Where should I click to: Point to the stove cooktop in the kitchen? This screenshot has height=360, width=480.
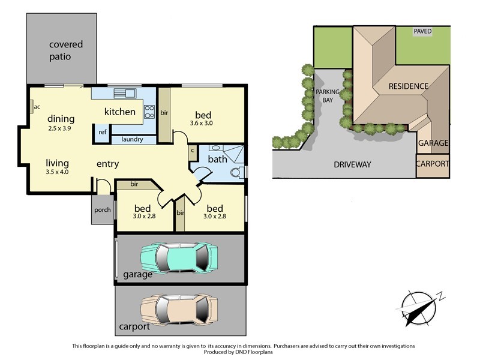pos(149,112)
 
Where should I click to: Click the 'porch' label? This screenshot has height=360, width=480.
pos(102,210)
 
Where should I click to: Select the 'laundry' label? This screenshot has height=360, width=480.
pos(131,140)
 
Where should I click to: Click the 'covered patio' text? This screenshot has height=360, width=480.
pos(66,50)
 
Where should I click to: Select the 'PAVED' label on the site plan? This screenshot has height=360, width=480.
pos(422,31)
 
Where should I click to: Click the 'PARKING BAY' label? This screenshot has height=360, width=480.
pos(328,97)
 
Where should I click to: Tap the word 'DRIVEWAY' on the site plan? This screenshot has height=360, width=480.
pos(352,164)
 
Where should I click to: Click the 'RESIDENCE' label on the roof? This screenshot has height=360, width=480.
pos(408,86)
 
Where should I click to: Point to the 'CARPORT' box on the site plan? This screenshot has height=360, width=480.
pos(432,164)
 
